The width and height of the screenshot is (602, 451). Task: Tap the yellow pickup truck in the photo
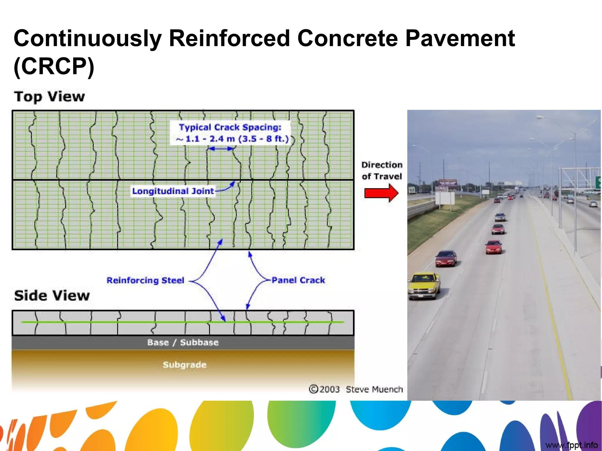[424, 285]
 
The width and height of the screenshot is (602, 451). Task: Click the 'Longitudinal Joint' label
[173, 191]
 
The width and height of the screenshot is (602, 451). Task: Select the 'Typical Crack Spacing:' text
[230, 127]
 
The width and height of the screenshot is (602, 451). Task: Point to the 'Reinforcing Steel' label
[145, 280]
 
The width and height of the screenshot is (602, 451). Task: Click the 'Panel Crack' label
[298, 280]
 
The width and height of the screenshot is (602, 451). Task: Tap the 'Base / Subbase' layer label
[183, 342]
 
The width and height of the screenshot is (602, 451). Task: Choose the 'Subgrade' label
[185, 365]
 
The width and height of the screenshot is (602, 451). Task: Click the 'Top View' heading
[49, 97]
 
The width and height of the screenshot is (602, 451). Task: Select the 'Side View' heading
[52, 295]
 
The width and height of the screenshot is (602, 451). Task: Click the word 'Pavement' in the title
[460, 38]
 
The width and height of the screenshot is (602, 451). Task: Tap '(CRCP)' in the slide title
[54, 66]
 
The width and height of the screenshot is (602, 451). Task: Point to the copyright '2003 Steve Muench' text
[356, 389]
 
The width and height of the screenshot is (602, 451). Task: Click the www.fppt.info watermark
[571, 445]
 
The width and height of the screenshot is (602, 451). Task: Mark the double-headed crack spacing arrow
[221, 149]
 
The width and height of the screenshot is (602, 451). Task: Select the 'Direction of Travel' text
[382, 170]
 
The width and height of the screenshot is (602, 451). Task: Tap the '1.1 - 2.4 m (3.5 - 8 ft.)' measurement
[233, 139]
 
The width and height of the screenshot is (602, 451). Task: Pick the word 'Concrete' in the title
[347, 38]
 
